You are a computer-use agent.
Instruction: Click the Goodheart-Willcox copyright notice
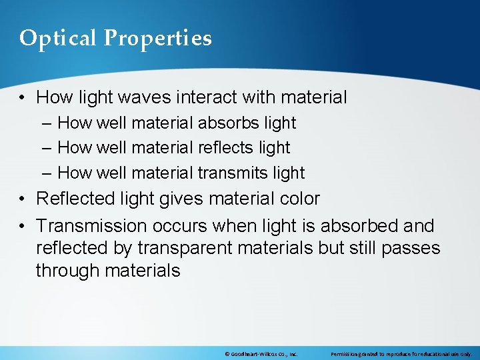(261, 354)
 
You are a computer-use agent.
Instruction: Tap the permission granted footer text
(401, 354)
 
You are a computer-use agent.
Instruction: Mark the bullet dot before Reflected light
(23, 199)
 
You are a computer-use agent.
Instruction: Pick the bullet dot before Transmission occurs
(23, 226)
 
